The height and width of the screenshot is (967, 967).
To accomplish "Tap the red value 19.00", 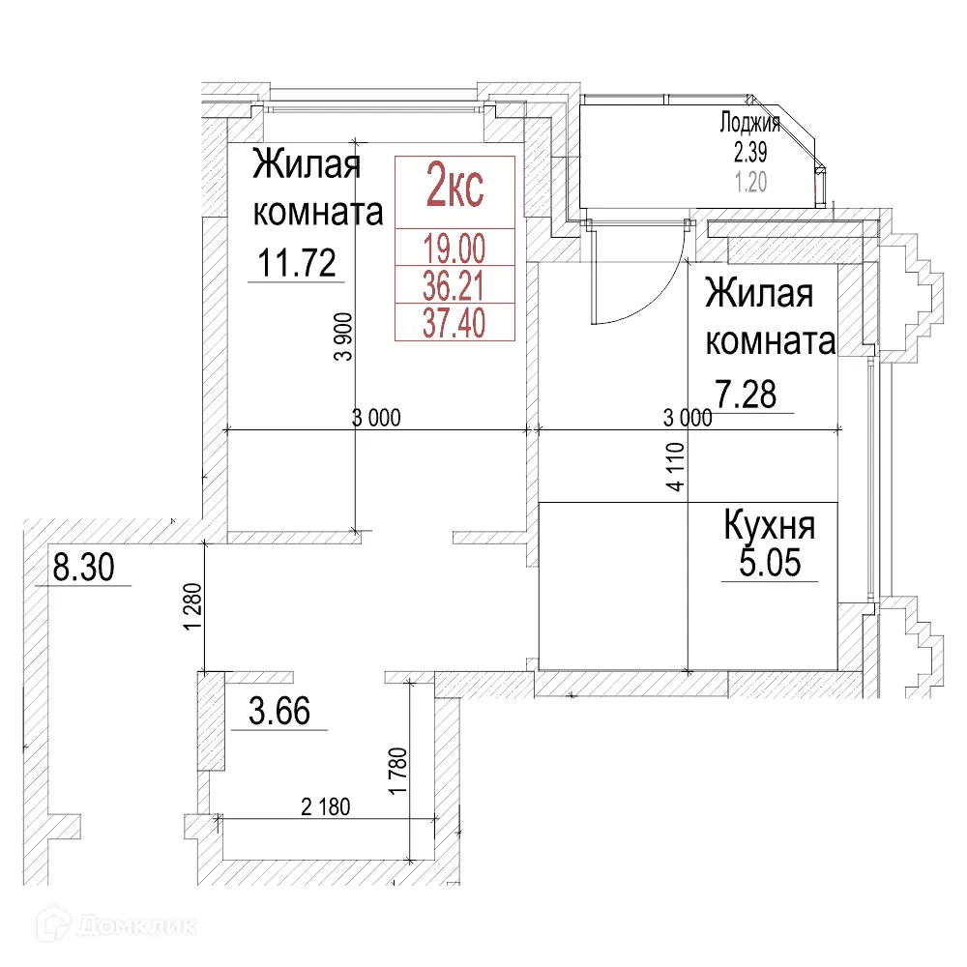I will click(x=454, y=249).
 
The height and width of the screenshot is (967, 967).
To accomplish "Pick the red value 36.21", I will click(x=454, y=285).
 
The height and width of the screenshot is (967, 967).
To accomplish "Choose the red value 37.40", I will click(x=454, y=322).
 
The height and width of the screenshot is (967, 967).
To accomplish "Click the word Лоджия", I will click(x=750, y=123).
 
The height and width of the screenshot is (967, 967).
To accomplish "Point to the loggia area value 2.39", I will click(x=750, y=152).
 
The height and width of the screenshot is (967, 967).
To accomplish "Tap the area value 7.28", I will click(x=747, y=395).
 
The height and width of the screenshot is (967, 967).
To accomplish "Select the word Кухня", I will click(x=770, y=527).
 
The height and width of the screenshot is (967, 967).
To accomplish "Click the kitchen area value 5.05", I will click(x=770, y=563).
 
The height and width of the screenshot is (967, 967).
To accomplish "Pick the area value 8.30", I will click(x=83, y=569).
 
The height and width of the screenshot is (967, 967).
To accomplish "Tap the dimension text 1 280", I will click(x=192, y=606).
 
